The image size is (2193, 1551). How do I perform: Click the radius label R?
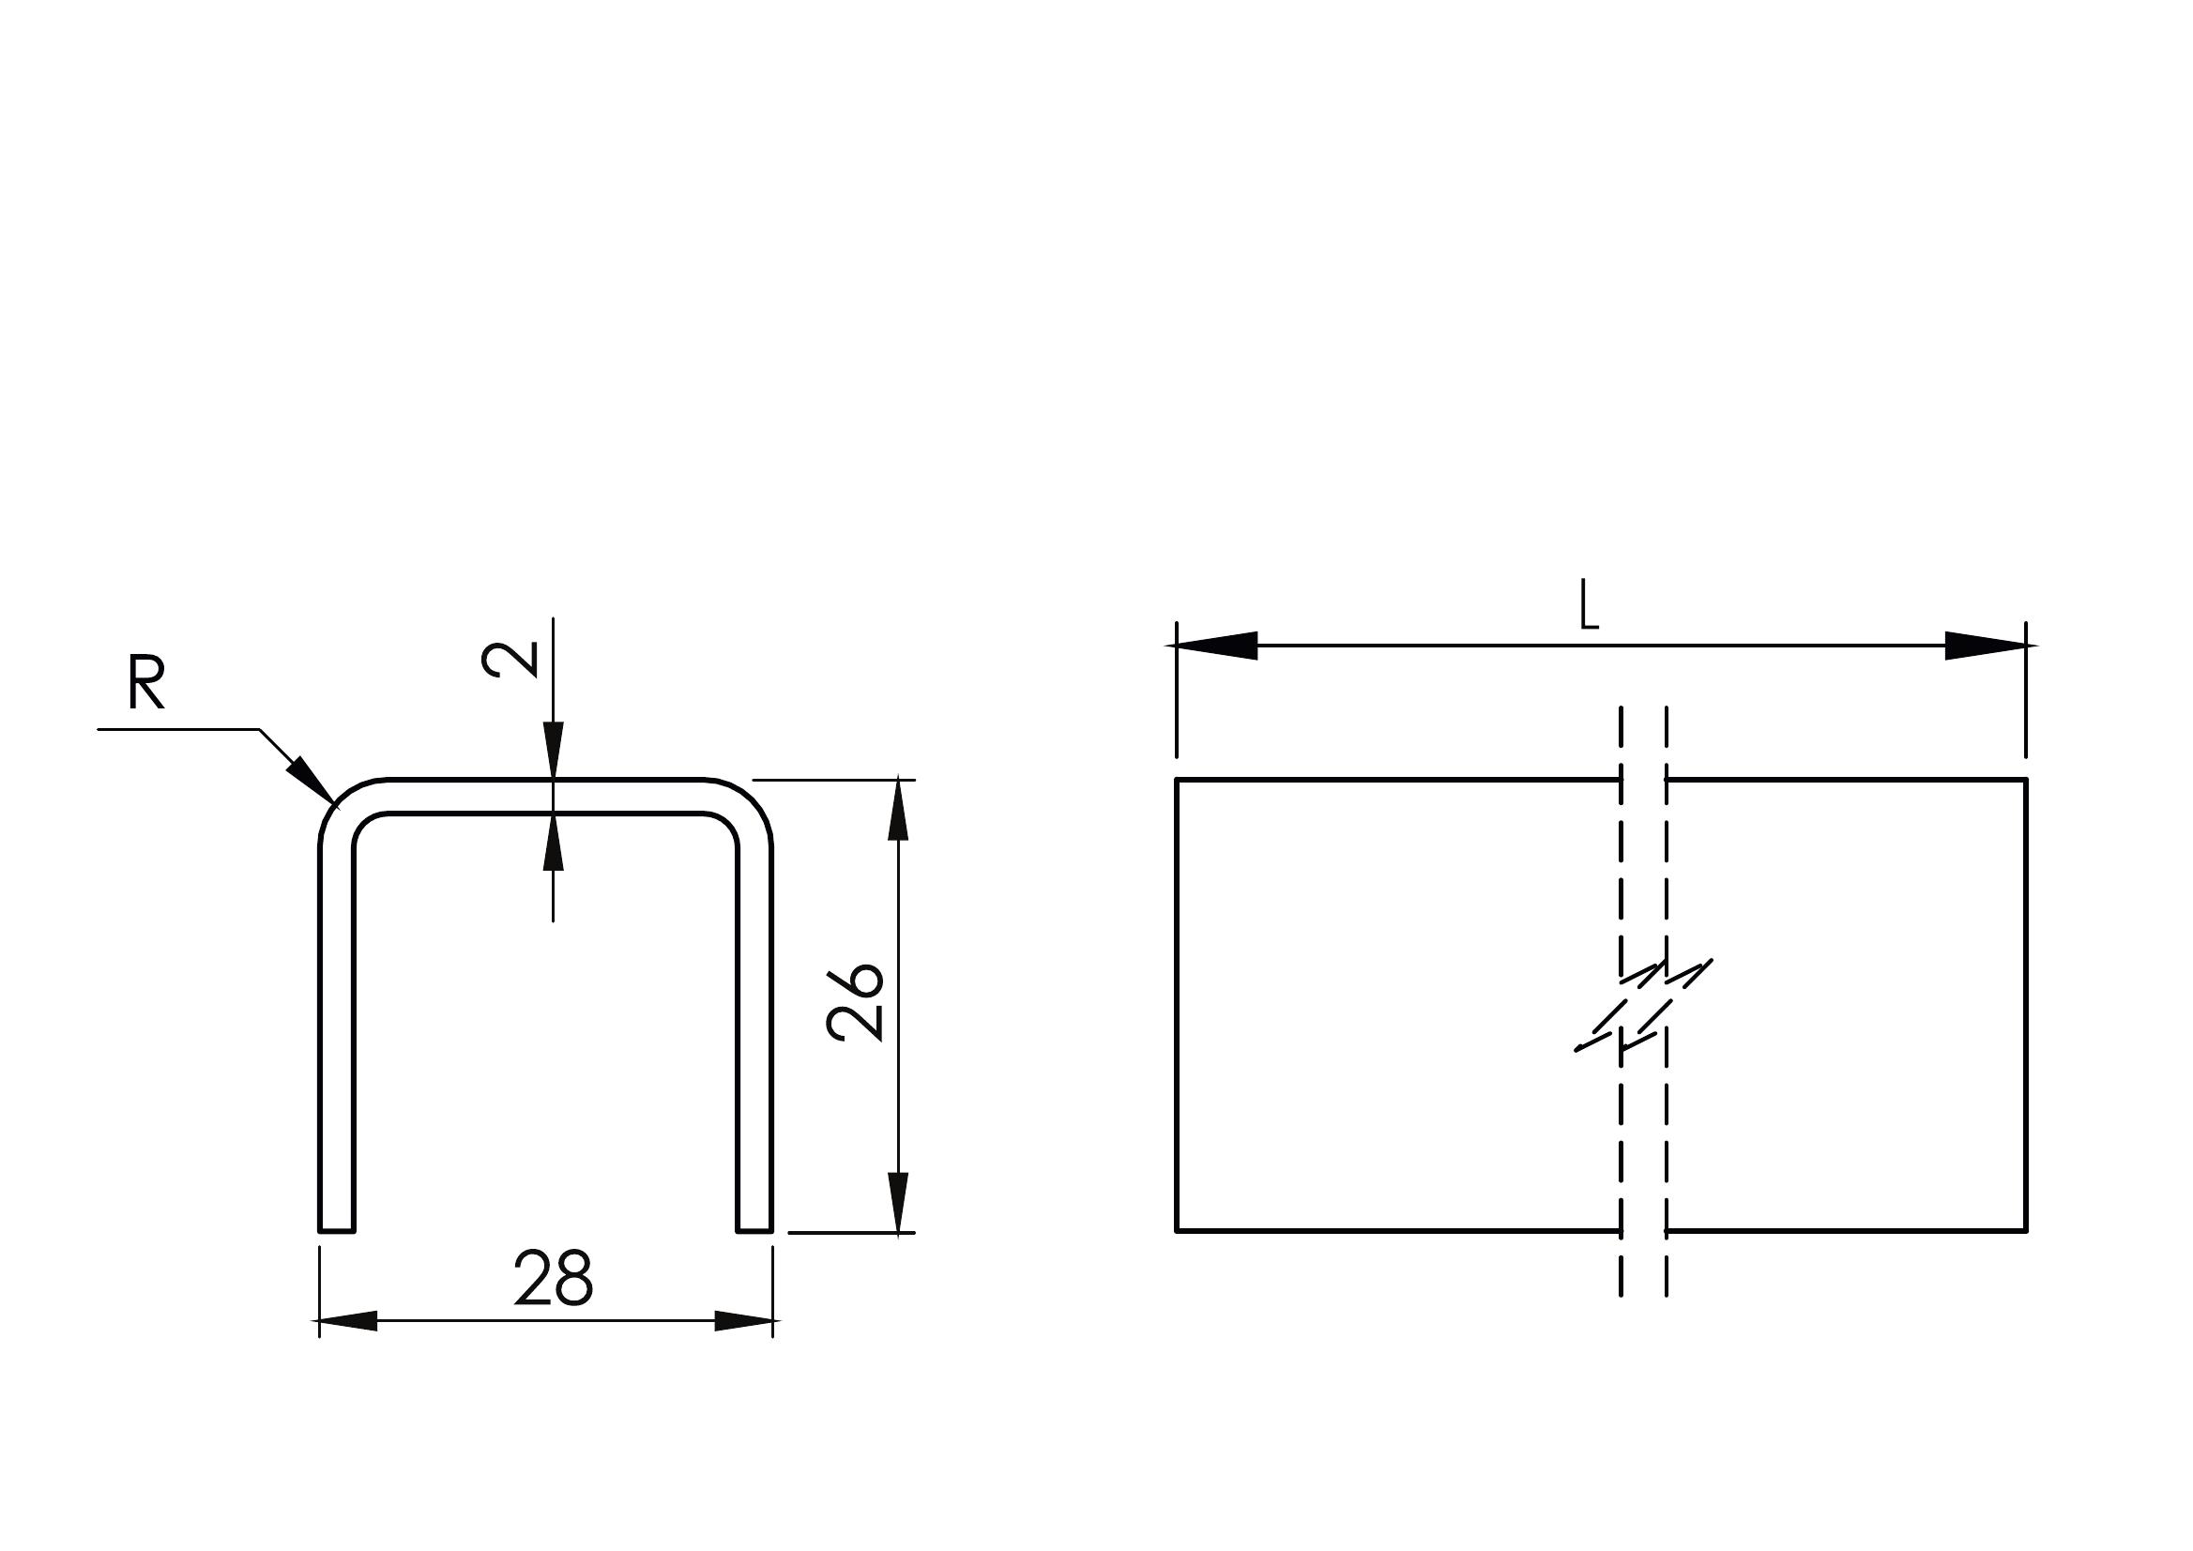146,685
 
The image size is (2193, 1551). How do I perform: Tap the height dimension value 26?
857,1002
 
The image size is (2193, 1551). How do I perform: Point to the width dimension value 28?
553,1278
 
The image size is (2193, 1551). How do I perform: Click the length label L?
1590,605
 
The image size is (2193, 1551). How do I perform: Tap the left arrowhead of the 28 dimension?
347,1322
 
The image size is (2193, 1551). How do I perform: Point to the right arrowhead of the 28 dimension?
744,1322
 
